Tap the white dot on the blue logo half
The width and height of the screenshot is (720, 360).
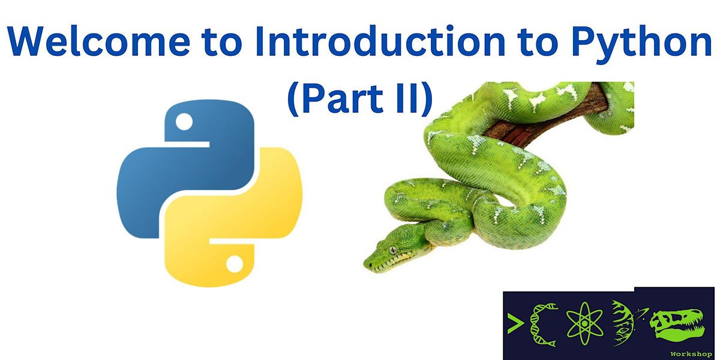[x=185, y=123]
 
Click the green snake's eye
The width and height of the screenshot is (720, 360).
[x=394, y=250]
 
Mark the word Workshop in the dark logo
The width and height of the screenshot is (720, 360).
[x=690, y=354]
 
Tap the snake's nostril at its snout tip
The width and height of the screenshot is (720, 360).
[x=367, y=263]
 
